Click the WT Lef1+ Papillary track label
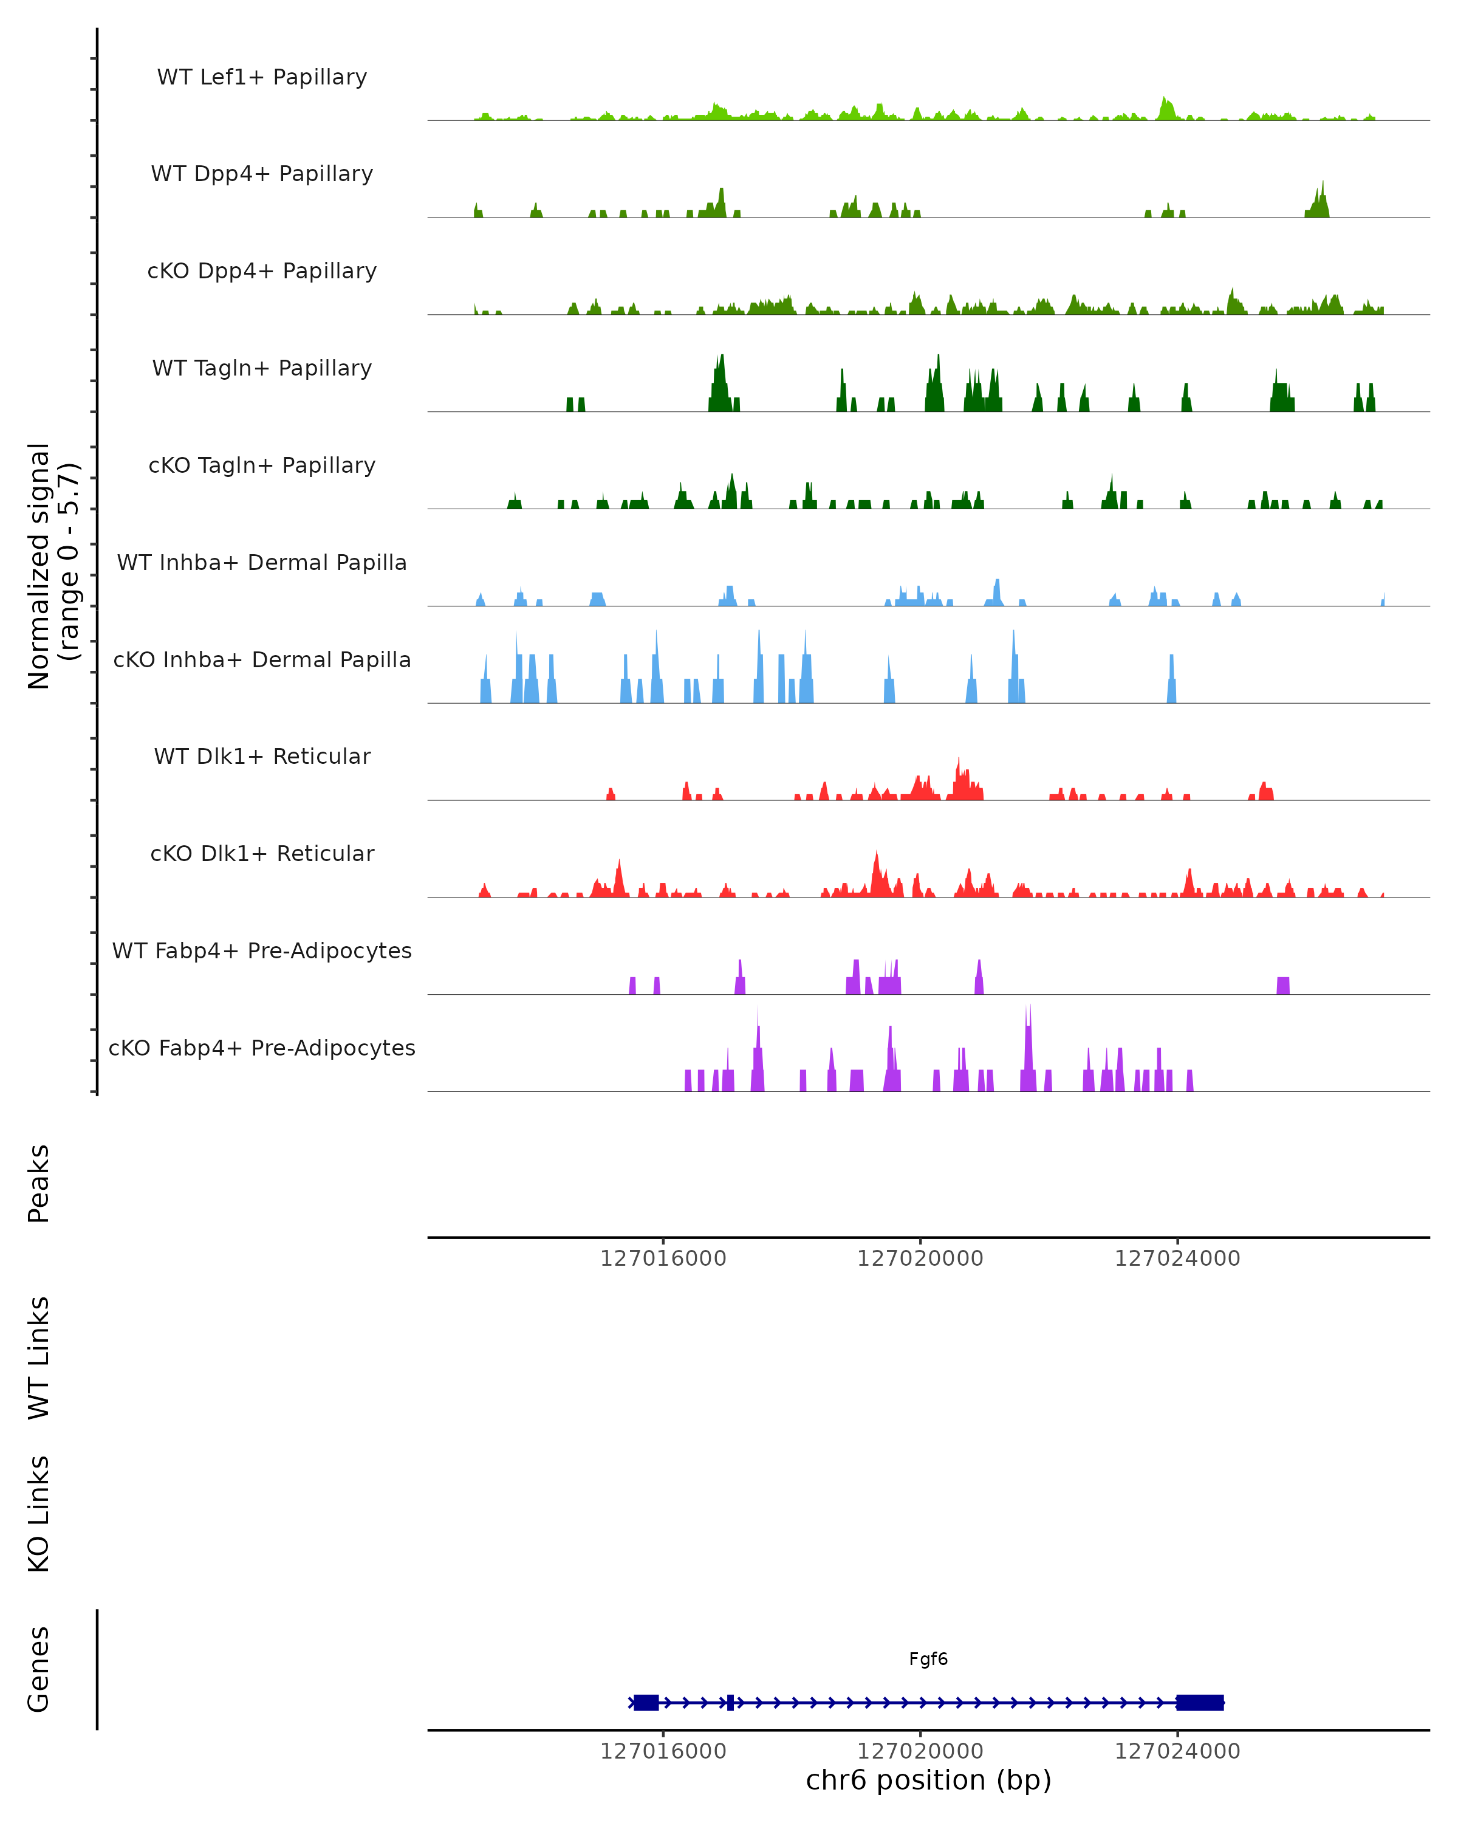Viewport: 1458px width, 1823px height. tap(262, 77)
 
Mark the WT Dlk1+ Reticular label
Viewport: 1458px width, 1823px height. tap(262, 756)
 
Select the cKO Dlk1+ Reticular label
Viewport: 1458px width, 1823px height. tap(262, 853)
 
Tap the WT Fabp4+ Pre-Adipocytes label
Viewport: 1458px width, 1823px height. tap(262, 950)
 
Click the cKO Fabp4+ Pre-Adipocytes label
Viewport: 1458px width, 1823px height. tap(262, 1048)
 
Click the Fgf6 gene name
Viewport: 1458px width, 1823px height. tap(928, 1659)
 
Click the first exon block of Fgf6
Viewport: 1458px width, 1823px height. tap(646, 1702)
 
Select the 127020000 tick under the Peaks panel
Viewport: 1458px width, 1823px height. tap(920, 1258)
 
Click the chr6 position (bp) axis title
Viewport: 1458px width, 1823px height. tap(928, 1780)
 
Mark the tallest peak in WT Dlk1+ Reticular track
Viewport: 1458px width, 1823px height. tap(959, 761)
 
